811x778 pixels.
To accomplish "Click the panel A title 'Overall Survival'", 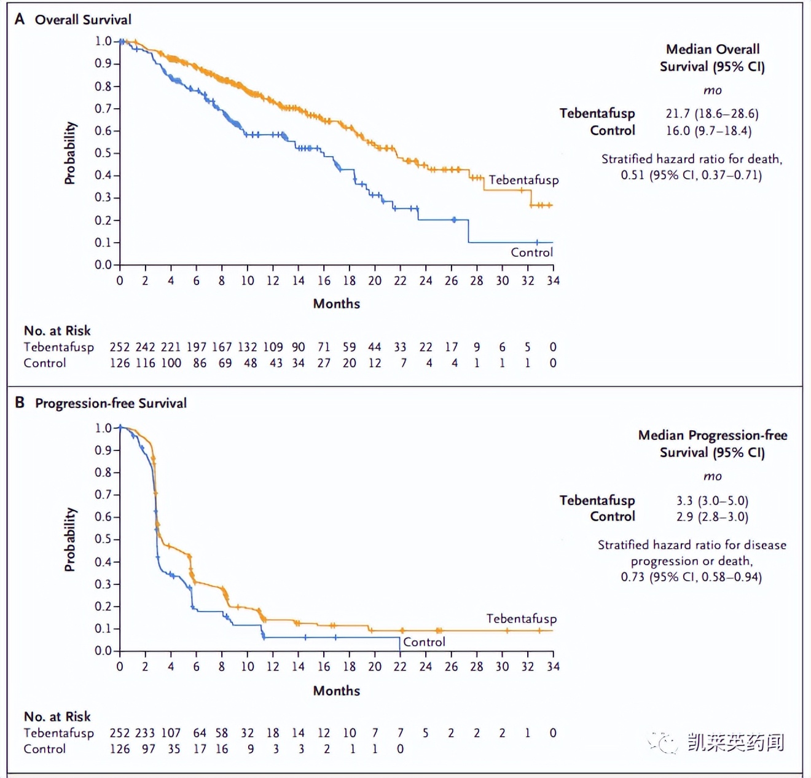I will (x=83, y=20).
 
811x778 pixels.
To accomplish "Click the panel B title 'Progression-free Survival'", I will (x=111, y=403).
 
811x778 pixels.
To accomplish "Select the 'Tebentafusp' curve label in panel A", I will (x=523, y=180).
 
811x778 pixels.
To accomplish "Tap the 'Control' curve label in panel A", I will (x=531, y=252).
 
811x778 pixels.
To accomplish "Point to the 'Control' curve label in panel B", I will (x=424, y=642).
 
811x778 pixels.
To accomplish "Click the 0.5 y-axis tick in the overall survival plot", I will (x=103, y=153).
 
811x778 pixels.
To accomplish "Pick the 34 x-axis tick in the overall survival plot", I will (x=553, y=281).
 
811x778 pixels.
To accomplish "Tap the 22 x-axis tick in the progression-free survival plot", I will (x=400, y=667).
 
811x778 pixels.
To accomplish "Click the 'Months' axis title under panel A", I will (x=336, y=304).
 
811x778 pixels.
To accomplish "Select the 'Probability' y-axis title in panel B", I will (x=70, y=539).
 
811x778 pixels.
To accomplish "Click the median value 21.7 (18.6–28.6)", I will (x=711, y=114).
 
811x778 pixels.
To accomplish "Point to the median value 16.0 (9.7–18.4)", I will (x=708, y=130).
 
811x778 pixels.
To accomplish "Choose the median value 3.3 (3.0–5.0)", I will (x=712, y=500).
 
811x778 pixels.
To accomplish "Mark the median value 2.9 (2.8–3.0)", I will (x=712, y=517).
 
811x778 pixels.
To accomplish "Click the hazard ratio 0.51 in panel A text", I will (x=632, y=175).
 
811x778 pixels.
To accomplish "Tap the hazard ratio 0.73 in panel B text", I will (x=632, y=577).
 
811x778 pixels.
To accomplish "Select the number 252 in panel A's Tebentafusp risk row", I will (x=120, y=347).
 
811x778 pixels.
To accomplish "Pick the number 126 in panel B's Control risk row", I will (x=120, y=749).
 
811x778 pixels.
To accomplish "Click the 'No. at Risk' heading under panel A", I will (x=57, y=331).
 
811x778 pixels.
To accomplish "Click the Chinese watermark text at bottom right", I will (x=735, y=742).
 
